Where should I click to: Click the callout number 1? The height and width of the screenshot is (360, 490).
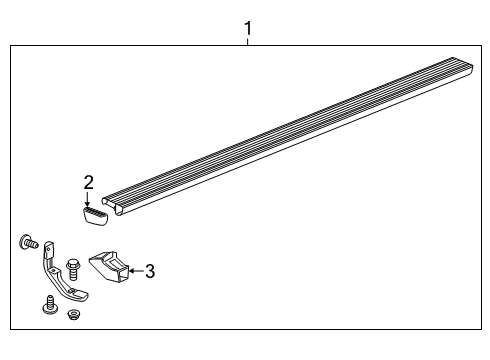247,29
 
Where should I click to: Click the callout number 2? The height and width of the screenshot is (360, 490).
89,182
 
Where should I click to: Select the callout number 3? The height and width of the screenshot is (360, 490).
150,270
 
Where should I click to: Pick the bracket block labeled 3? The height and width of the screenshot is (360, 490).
110,267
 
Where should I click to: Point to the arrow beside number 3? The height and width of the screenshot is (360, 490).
135,270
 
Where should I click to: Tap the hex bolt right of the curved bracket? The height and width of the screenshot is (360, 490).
72,268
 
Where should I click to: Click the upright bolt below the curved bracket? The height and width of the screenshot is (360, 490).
49,304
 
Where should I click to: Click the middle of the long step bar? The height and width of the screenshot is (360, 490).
290,130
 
